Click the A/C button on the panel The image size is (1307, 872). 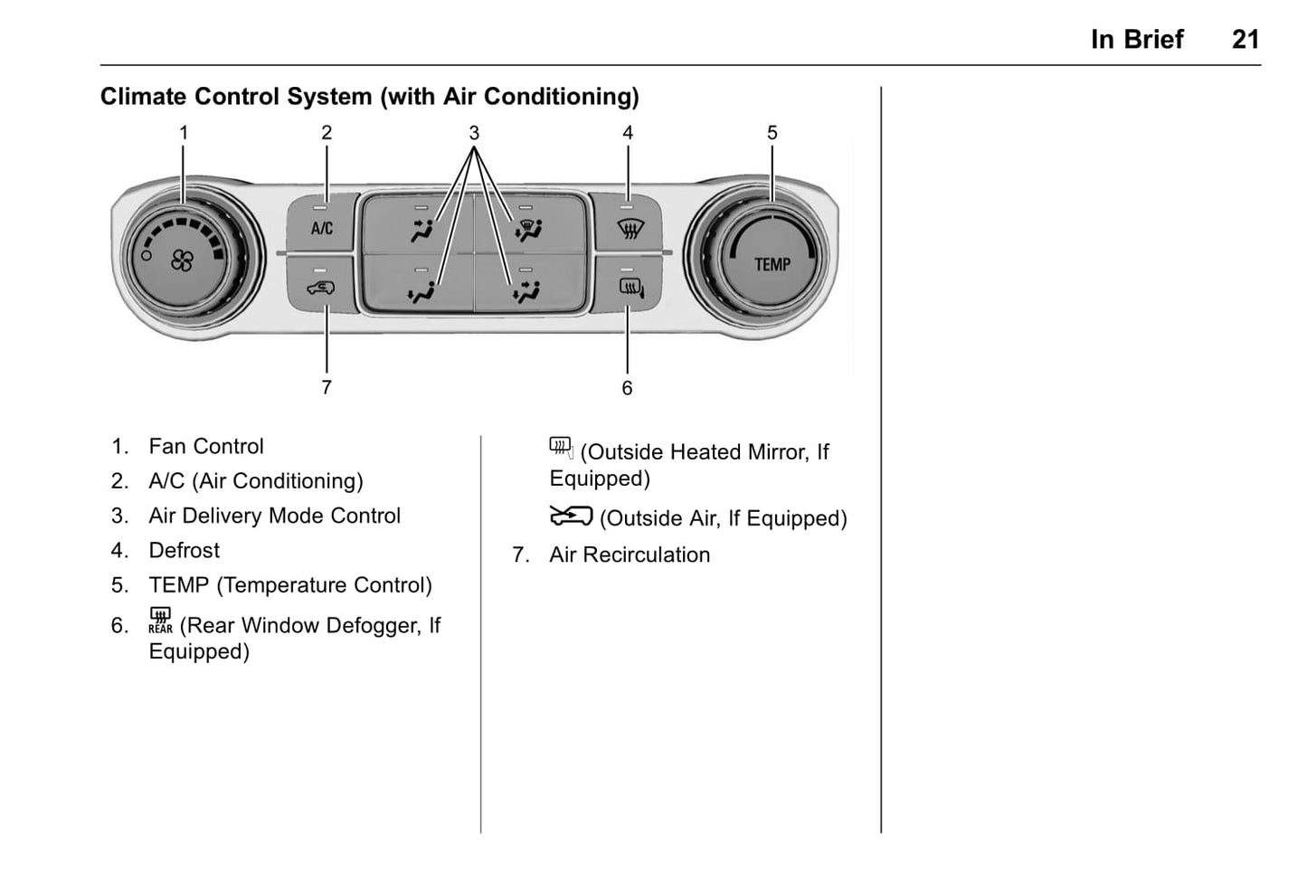click(x=322, y=227)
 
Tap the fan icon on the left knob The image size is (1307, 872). click(x=182, y=261)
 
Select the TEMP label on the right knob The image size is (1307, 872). click(x=772, y=264)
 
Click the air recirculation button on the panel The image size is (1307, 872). click(x=321, y=288)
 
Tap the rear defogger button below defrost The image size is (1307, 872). click(x=630, y=288)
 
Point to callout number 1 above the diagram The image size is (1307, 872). click(x=184, y=133)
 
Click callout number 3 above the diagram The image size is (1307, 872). click(x=474, y=133)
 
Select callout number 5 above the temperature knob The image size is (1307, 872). click(x=772, y=133)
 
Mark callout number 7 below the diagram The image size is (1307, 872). click(x=327, y=388)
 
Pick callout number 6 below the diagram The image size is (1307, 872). click(x=627, y=388)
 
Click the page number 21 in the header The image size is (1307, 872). click(x=1245, y=40)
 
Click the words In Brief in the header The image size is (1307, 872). click(x=1137, y=40)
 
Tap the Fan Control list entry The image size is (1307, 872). click(x=206, y=447)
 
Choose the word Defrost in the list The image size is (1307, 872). click(x=185, y=551)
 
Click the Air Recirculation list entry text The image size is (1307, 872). click(x=630, y=555)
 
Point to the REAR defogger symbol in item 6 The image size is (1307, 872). click(x=160, y=621)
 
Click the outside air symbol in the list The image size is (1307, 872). click(x=571, y=517)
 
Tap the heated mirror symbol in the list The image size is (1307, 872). click(x=561, y=447)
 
